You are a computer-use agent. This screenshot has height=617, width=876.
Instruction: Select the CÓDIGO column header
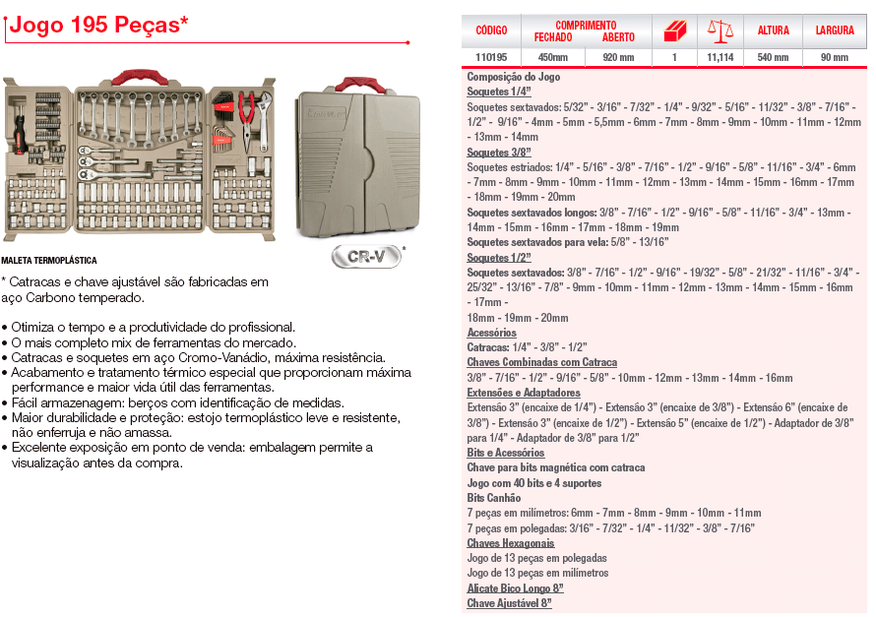tap(490, 31)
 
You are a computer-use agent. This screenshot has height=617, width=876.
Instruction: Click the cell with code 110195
tap(490, 57)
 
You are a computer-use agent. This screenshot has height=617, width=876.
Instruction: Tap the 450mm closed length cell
tap(552, 57)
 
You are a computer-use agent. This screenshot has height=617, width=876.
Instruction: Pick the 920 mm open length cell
tap(618, 57)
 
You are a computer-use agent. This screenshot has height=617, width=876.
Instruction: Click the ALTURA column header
tap(773, 31)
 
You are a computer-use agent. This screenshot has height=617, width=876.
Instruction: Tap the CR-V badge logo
tap(363, 256)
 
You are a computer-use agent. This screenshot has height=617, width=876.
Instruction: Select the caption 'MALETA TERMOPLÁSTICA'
tap(49, 261)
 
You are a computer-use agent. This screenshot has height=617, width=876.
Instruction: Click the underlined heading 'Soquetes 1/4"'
tap(499, 91)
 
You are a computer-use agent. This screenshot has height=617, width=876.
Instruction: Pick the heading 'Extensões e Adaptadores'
tap(524, 393)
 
